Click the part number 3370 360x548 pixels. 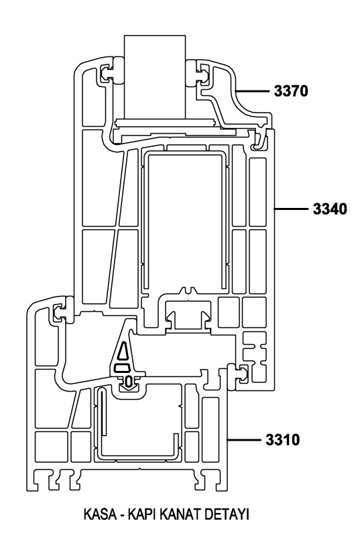point(291,91)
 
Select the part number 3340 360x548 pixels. point(330,209)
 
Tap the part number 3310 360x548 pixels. point(282,439)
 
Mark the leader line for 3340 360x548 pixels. point(291,209)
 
